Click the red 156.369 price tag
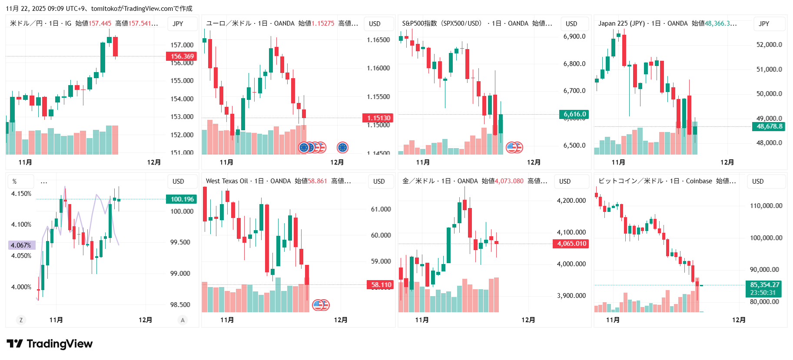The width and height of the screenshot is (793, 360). click(x=182, y=56)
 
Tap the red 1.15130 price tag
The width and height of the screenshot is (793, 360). click(x=378, y=118)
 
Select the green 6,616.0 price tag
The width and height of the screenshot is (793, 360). click(x=574, y=114)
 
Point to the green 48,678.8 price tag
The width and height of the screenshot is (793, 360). click(x=769, y=126)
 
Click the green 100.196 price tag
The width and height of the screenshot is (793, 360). click(x=182, y=199)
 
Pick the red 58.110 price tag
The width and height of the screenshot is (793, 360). click(x=381, y=284)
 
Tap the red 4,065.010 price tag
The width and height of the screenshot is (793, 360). click(x=571, y=244)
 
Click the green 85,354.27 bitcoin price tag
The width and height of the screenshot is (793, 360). click(x=764, y=285)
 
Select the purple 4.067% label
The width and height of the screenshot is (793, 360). click(x=21, y=245)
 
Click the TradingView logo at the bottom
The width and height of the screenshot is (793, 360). click(x=50, y=344)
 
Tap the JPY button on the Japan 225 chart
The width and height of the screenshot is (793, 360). click(x=764, y=24)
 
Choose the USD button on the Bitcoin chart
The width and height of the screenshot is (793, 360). click(x=758, y=182)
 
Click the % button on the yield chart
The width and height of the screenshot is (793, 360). click(x=15, y=182)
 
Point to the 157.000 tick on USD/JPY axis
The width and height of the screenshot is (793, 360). click(x=182, y=45)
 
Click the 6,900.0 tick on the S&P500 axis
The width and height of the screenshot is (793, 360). click(x=574, y=36)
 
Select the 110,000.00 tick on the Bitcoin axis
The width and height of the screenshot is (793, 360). click(x=766, y=206)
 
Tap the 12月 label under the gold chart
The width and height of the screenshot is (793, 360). click(x=528, y=320)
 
